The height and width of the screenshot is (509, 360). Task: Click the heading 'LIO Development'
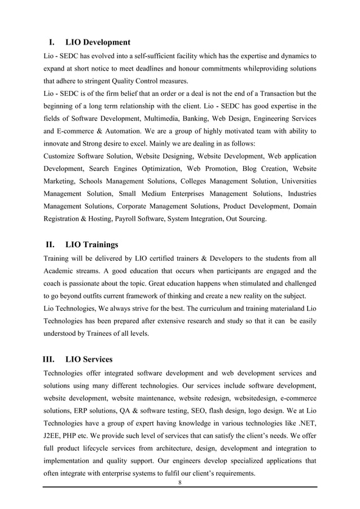[98, 42]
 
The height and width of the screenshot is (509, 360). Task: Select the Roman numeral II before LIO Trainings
[50, 244]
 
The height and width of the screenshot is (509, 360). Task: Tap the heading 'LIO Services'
[89, 359]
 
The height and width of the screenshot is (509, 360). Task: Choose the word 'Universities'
[295, 181]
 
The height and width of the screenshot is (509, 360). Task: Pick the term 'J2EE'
[52, 435]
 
